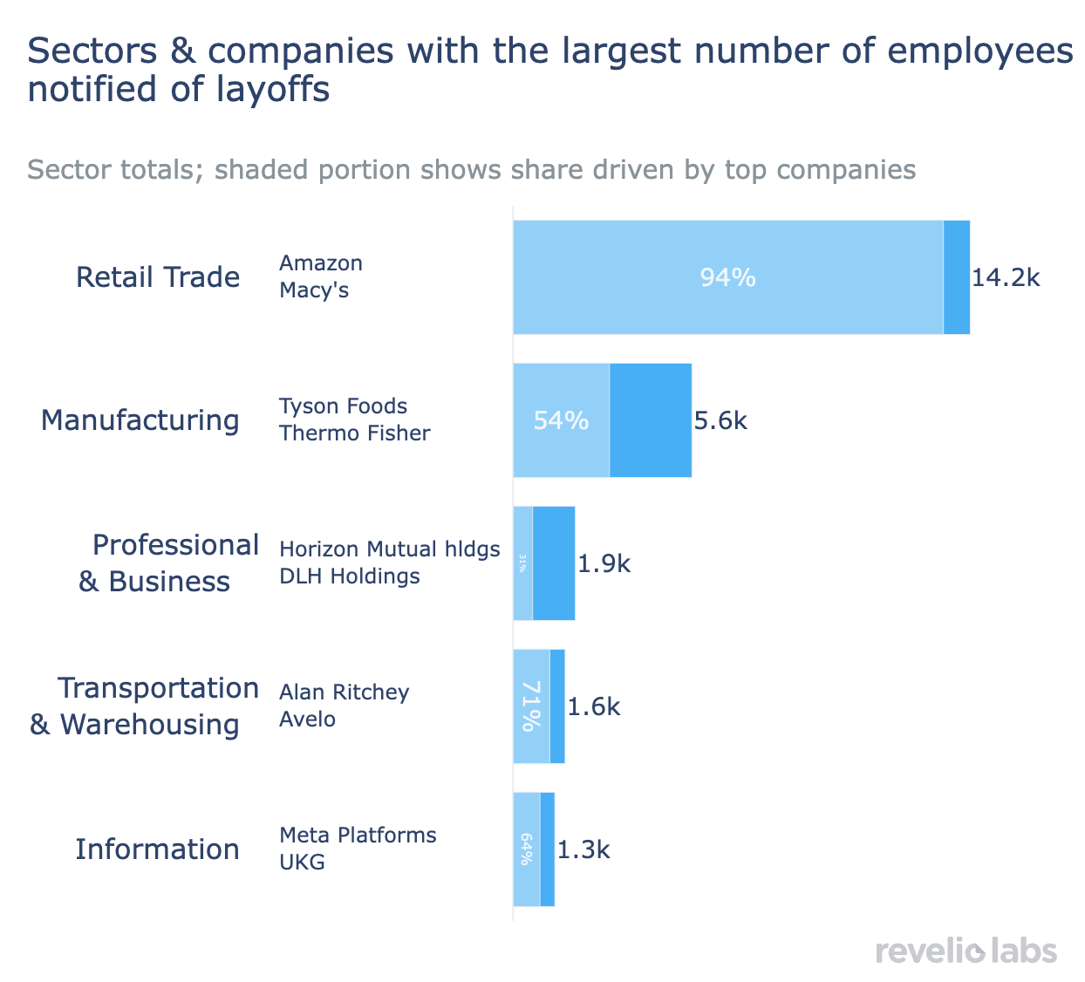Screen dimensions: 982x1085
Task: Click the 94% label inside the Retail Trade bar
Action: [x=727, y=277]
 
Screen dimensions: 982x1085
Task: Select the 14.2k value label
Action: [x=1006, y=277]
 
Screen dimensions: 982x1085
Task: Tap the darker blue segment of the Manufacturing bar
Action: [x=651, y=420]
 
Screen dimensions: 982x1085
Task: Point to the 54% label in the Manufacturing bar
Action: [x=561, y=420]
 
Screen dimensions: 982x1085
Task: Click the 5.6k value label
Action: [x=720, y=420]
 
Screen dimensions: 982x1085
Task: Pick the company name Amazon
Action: [x=320, y=263]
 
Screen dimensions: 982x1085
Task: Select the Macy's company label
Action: [x=314, y=290]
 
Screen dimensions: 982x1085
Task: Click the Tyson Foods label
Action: [x=343, y=406]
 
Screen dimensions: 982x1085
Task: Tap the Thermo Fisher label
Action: [x=354, y=433]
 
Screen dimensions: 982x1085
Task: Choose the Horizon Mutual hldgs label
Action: [x=389, y=549]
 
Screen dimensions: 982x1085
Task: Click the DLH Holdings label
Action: [x=349, y=576]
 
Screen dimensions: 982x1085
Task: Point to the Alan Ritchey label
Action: [x=344, y=692]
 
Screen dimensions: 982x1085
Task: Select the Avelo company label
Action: [x=307, y=719]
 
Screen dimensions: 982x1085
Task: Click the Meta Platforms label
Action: [x=358, y=835]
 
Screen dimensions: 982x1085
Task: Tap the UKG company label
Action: [x=302, y=863]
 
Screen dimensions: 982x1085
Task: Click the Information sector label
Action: [x=157, y=849]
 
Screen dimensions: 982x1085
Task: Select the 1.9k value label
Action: [x=604, y=563]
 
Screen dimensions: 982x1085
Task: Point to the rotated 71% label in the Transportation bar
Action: [x=529, y=706]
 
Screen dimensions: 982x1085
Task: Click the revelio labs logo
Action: [x=966, y=951]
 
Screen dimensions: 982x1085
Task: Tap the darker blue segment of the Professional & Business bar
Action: [x=554, y=563]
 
